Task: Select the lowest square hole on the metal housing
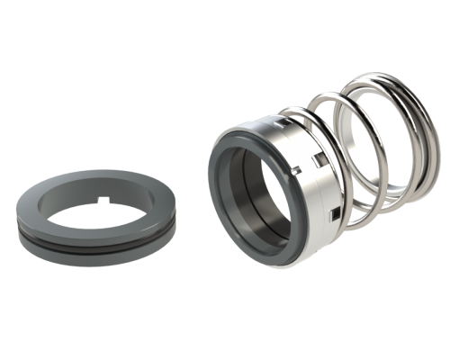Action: pyautogui.click(x=335, y=213)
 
